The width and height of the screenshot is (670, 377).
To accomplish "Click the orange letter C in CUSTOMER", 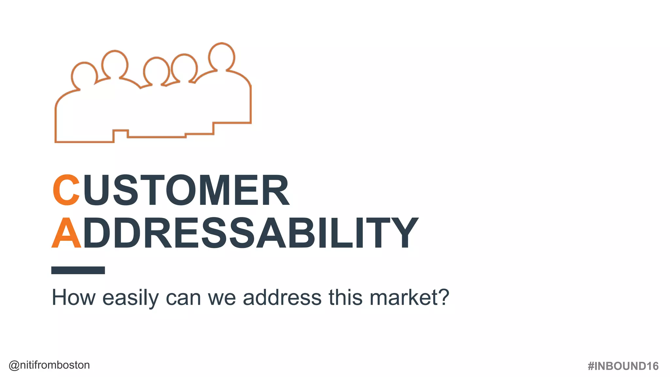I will pyautogui.click(x=66, y=190).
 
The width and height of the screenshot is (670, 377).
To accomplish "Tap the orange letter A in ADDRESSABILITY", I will pyautogui.click(x=66, y=233).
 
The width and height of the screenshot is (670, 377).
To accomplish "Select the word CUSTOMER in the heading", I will pyautogui.click(x=171, y=190).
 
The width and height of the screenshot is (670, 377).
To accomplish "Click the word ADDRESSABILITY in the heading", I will pyautogui.click(x=235, y=233).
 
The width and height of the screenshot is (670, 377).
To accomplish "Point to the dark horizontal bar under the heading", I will pyautogui.click(x=78, y=270).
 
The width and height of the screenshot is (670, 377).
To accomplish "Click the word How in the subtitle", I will pyautogui.click(x=74, y=297).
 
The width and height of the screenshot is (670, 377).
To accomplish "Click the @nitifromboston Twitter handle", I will pyautogui.click(x=49, y=365).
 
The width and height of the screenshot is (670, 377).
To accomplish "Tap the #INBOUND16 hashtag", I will pyautogui.click(x=623, y=366).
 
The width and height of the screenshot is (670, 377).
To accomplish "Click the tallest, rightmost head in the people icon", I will pyautogui.click(x=222, y=56).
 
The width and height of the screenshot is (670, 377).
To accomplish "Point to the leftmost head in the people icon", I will pyautogui.click(x=84, y=75).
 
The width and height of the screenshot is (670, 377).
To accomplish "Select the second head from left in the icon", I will pyautogui.click(x=115, y=64).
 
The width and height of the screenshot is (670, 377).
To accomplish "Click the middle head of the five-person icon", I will pyautogui.click(x=156, y=70).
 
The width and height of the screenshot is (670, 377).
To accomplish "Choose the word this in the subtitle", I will pyautogui.click(x=345, y=297).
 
